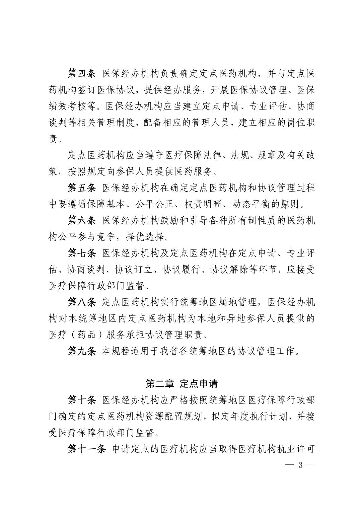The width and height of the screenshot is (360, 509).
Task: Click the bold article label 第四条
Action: (82, 74)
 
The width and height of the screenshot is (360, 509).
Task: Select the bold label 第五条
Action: (82, 188)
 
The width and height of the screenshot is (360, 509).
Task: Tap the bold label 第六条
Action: (82, 221)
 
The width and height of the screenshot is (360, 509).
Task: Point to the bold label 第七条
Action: (82, 253)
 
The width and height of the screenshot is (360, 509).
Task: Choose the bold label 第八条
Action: (82, 302)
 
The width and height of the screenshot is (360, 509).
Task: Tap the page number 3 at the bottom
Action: (300, 465)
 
